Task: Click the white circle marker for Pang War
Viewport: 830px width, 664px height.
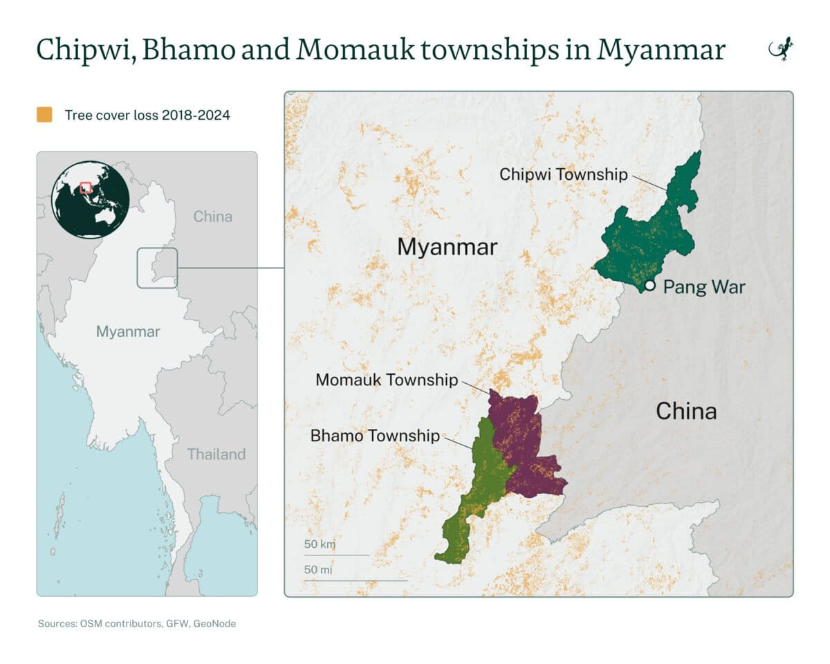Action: [649, 285]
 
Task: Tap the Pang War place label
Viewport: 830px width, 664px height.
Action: [704, 287]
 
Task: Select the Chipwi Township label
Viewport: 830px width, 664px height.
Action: [564, 174]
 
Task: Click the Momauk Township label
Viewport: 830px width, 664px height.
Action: [386, 380]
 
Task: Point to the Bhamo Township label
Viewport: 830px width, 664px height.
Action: [375, 436]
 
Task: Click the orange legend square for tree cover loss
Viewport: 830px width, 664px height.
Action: [45, 115]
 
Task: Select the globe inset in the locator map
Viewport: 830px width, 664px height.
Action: [90, 199]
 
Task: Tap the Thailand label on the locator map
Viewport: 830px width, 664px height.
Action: [216, 454]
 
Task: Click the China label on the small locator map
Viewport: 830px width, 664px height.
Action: [212, 216]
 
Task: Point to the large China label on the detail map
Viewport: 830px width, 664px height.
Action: [685, 412]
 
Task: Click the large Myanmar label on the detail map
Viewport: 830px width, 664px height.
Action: [447, 247]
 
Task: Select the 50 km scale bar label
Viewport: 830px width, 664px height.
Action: [320, 544]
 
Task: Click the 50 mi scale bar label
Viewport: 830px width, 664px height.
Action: [319, 570]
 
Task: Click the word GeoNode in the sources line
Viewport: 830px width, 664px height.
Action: [214, 624]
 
